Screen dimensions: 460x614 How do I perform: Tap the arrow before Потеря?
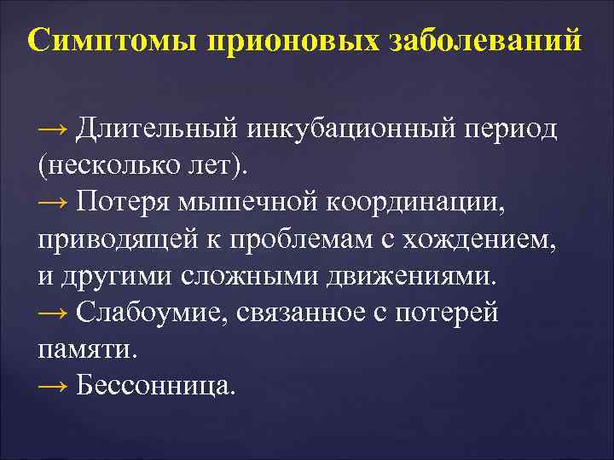point(54,202)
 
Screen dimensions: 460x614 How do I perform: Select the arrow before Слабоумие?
point(54,313)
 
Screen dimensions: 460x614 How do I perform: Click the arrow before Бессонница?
point(54,386)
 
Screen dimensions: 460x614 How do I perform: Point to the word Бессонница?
point(153,386)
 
